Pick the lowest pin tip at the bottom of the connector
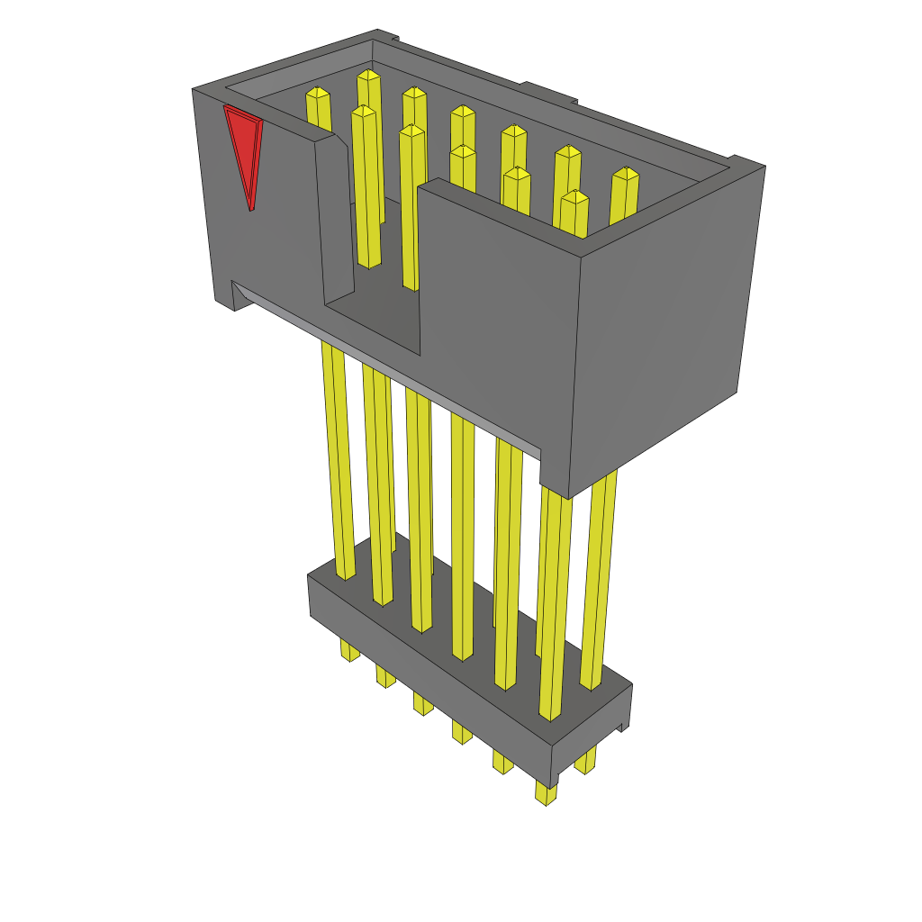tap(546, 794)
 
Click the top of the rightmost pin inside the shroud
tap(625, 176)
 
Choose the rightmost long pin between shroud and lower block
tap(599, 576)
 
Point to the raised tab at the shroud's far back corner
tap(386, 36)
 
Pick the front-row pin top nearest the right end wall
tap(574, 198)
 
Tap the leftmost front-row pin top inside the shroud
tap(363, 113)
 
